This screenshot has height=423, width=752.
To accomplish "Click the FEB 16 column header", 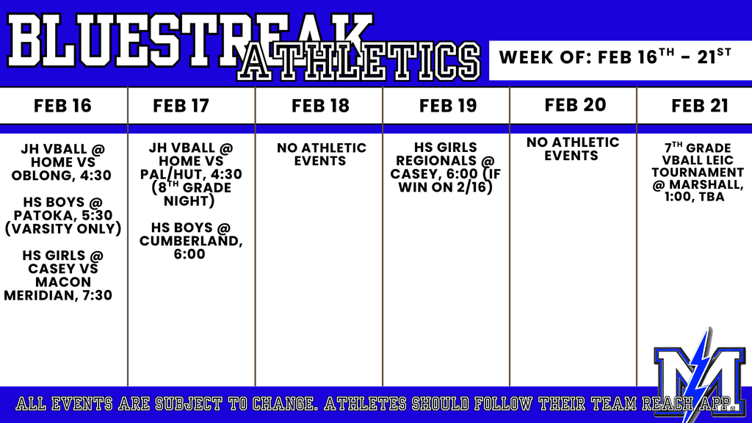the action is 62,106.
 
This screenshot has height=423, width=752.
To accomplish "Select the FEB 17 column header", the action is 181,106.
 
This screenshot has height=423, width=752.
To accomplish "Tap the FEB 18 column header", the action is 320,106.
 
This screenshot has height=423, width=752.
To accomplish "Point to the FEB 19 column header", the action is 448,106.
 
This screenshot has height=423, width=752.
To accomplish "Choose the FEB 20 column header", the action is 576,105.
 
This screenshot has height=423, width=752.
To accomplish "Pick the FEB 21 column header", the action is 700,106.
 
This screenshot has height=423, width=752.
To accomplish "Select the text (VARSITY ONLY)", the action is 63,229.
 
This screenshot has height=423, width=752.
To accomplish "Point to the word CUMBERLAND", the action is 189,241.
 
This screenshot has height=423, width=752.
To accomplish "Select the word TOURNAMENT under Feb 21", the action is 698,173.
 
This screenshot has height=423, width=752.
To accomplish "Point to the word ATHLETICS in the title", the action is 359,62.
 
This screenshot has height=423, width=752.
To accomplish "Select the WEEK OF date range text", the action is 615,57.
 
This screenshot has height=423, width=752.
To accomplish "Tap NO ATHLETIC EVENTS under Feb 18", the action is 322,154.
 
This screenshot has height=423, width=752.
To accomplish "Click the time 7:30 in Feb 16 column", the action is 97,295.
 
